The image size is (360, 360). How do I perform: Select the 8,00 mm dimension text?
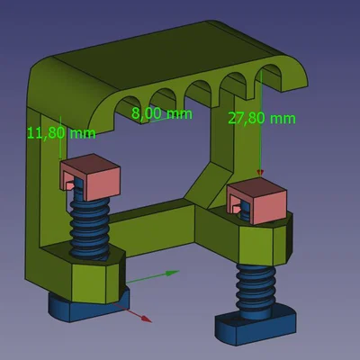point(162,113)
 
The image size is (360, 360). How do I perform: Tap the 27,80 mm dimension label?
point(262,118)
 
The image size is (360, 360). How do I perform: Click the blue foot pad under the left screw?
point(85,307)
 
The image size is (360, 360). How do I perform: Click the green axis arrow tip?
point(175,271)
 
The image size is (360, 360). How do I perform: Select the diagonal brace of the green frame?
point(209,181)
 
